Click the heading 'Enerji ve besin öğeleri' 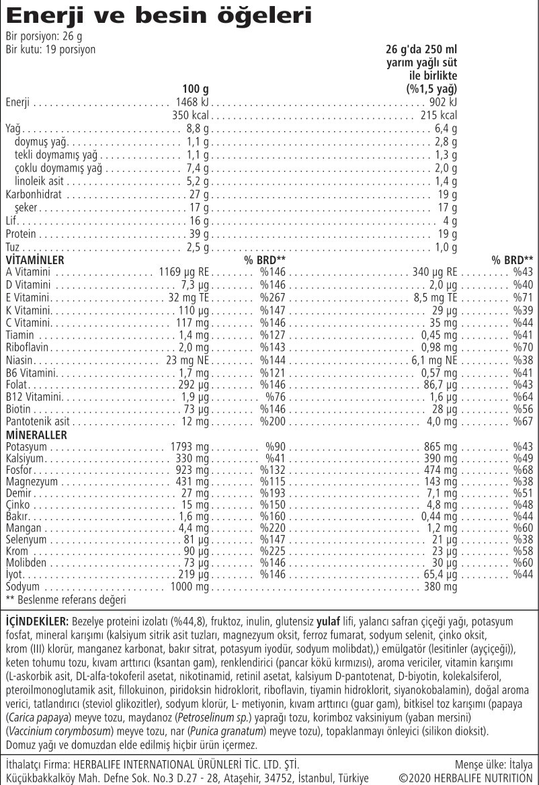click(159, 15)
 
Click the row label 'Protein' click(21, 234)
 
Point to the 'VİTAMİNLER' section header click(35, 259)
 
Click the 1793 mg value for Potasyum click(192, 447)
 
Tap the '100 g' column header click(196, 89)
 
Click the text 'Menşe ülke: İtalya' click(493, 764)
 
